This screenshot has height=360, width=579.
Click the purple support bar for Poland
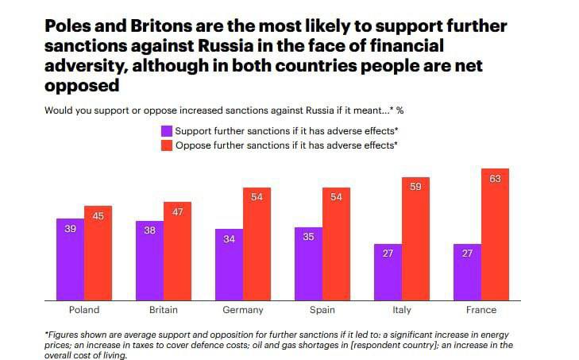[70, 258]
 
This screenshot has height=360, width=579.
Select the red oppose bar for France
[494, 234]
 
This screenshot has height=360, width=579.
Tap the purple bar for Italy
[388, 272]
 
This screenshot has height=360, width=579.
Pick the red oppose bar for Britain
[177, 250]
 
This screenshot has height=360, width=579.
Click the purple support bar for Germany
[229, 264]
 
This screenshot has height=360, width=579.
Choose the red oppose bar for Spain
[336, 243]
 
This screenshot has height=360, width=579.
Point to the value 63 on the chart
[495, 180]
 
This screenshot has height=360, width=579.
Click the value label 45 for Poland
[98, 217]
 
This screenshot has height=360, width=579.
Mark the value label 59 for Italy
[415, 188]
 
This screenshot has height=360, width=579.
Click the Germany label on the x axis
[243, 310]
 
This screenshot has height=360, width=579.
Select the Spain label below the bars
[322, 310]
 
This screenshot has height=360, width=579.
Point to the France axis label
[481, 310]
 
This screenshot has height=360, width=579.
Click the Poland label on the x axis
[84, 310]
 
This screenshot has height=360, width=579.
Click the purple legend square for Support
[167, 130]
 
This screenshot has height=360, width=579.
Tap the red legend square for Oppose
[167, 145]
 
